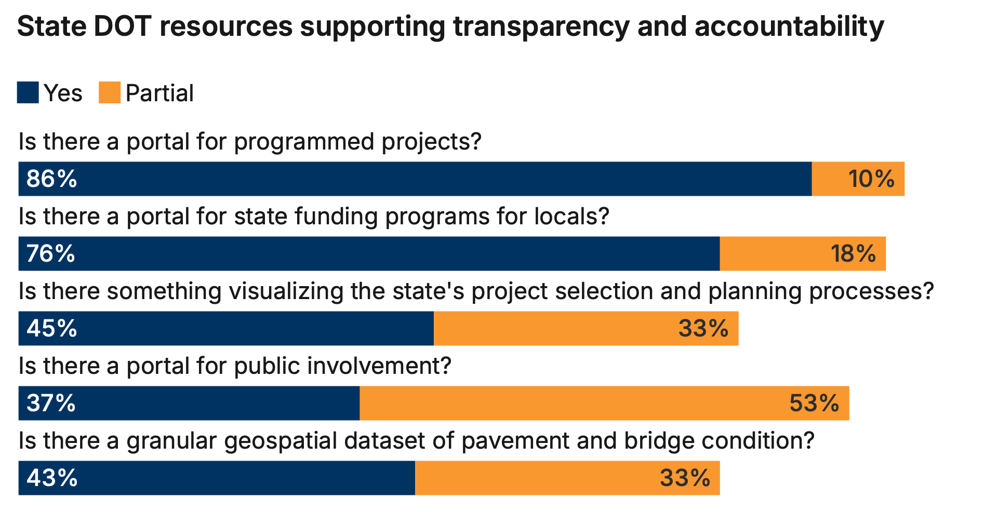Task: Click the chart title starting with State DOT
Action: [450, 26]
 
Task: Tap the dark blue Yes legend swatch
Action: [28, 93]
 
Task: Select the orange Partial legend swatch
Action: [110, 93]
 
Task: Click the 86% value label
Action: [52, 179]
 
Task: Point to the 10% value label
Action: [871, 179]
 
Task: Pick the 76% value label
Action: [51, 254]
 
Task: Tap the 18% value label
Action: [853, 254]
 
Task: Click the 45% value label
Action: [52, 329]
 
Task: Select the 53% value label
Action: [814, 403]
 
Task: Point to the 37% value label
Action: [51, 403]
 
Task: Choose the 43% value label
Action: [52, 478]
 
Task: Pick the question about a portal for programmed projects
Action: [250, 142]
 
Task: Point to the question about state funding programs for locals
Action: [313, 217]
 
